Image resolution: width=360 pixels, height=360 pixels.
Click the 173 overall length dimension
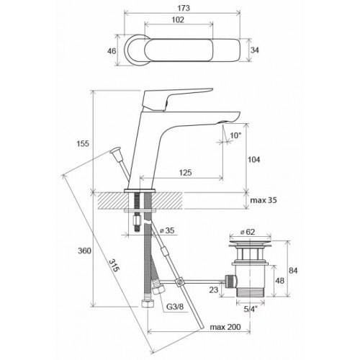(x=184, y=8)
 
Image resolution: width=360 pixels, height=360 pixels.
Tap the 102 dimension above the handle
(x=178, y=19)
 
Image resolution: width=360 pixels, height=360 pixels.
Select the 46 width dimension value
(x=112, y=51)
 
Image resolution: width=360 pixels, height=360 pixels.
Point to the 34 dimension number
(x=255, y=50)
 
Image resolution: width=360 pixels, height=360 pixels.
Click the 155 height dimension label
(x=83, y=143)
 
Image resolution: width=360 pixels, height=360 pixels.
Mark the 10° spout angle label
(x=235, y=135)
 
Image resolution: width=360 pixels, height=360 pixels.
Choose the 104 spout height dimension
(x=253, y=160)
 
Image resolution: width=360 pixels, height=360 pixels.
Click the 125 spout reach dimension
(x=185, y=172)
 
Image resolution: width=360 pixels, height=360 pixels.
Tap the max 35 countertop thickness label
(x=264, y=200)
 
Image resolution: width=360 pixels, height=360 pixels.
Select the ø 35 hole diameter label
(x=167, y=230)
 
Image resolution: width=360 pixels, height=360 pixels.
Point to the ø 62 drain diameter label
(x=248, y=232)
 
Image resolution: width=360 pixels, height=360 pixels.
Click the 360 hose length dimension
(x=84, y=251)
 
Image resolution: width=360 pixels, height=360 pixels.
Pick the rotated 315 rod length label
(x=114, y=266)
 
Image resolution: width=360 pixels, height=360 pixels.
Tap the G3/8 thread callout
(x=175, y=307)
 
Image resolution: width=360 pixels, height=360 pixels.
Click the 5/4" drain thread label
(x=251, y=309)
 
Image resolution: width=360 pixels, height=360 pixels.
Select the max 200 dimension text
(x=225, y=327)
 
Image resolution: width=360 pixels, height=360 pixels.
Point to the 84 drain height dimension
(x=293, y=271)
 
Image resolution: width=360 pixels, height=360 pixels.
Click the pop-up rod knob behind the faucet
(x=117, y=154)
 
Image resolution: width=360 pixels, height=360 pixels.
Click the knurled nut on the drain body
(x=231, y=282)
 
